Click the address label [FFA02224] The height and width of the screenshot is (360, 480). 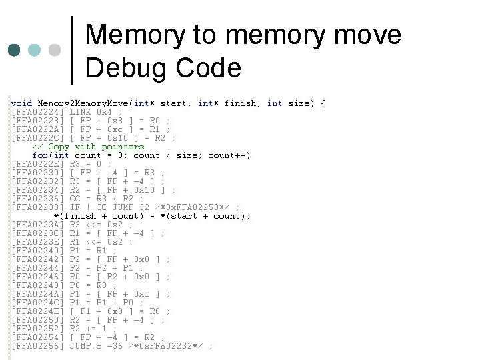[x=38, y=112]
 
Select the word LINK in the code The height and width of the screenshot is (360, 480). [x=81, y=112]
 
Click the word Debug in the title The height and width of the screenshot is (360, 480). [x=127, y=68]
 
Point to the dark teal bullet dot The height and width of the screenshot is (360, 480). [x=14, y=51]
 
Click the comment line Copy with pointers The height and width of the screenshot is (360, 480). [x=88, y=147]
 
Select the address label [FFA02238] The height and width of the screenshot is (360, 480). [x=38, y=207]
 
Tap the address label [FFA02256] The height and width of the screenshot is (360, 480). [x=38, y=346]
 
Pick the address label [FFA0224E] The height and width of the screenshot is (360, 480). [x=38, y=311]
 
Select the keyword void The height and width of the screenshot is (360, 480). [x=21, y=103]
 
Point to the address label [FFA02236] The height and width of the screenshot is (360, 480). [x=38, y=199]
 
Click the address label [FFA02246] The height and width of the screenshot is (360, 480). [x=38, y=277]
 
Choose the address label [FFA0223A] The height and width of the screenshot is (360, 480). [x=38, y=225]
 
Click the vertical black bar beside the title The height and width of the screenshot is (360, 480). [x=72, y=51]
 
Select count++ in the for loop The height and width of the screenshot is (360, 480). [x=229, y=155]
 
